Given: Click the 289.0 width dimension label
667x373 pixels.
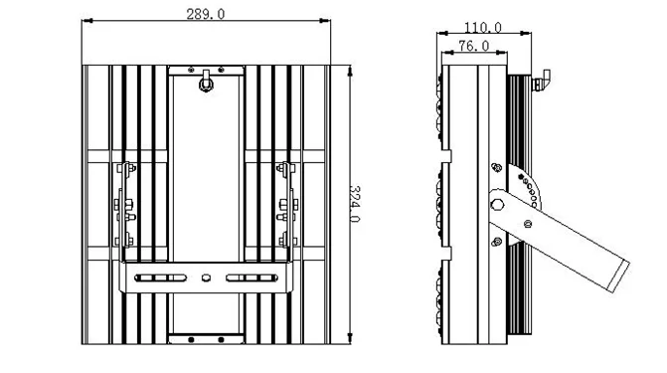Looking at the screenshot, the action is (206, 14).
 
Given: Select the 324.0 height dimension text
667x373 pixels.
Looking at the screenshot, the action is (354, 204).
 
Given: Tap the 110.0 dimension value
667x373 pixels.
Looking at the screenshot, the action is (483, 28).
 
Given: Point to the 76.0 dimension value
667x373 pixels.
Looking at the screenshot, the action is (474, 46).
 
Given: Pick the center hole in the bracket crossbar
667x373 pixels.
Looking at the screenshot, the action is (206, 279).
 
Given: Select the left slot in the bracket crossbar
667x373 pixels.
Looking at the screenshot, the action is (160, 279).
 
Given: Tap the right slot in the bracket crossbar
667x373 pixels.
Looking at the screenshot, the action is (251, 279).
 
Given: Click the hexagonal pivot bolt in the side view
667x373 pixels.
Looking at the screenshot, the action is (497, 205).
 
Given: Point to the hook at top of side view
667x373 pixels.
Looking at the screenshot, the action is (541, 80).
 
